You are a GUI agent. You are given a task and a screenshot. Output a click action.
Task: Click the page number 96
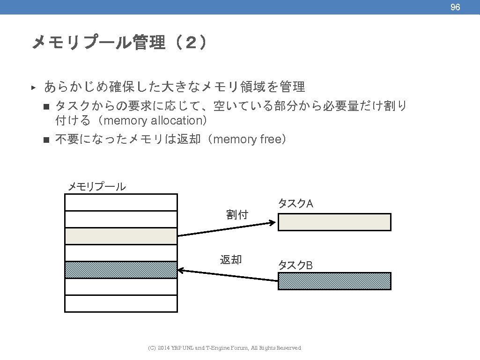pyautogui.click(x=455, y=7)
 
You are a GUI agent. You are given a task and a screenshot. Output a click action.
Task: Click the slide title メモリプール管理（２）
pyautogui.click(x=118, y=43)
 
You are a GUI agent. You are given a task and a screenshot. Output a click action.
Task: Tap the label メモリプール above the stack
pyautogui.click(x=96, y=187)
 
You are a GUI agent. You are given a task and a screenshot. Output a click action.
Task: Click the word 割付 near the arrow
pyautogui.click(x=237, y=215)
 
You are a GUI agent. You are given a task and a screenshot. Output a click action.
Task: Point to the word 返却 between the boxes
pyautogui.click(x=231, y=259)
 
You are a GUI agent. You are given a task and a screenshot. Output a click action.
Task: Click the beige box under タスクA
pyautogui.click(x=334, y=222)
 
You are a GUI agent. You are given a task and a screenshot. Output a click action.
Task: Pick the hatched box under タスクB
pyautogui.click(x=334, y=281)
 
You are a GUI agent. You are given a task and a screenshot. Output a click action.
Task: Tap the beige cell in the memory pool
pyautogui.click(x=121, y=236)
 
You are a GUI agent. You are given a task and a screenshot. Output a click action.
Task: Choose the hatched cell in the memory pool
pyautogui.click(x=121, y=270)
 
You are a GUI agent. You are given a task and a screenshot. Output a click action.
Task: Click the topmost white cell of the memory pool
pyautogui.click(x=121, y=202)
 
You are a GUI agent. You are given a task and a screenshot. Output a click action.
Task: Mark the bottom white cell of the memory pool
pyautogui.click(x=121, y=303)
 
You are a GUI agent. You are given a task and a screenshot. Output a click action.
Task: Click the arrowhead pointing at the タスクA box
pyautogui.click(x=273, y=222)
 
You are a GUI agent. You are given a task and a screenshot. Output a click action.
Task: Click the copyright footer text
pyautogui.click(x=224, y=348)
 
